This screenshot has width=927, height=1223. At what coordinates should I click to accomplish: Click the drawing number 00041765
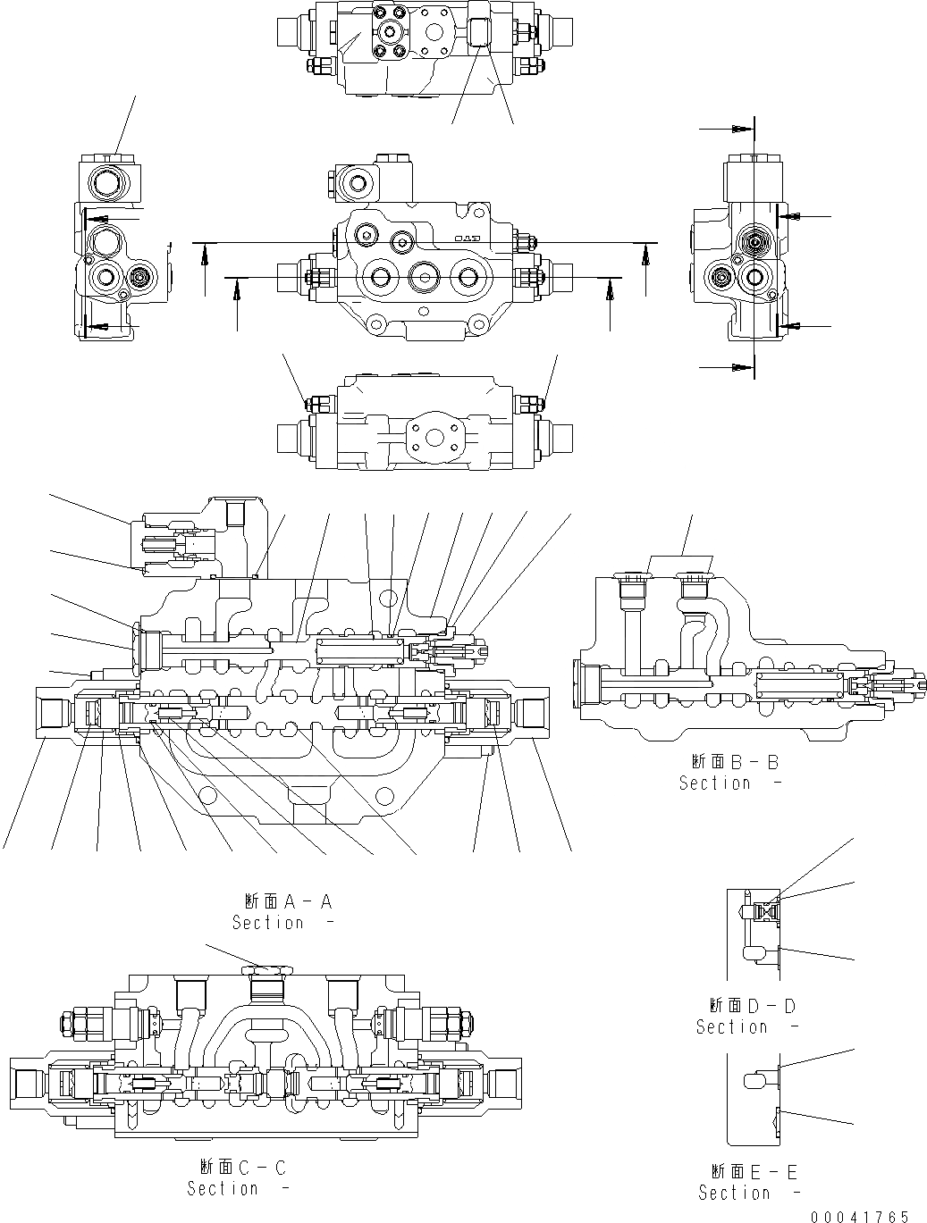coord(860,1216)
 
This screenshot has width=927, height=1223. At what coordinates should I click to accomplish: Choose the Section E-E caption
coord(749,1183)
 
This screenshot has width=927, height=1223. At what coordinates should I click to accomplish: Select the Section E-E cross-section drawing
coord(753,1098)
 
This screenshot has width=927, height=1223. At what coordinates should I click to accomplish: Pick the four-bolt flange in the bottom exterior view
coord(433,438)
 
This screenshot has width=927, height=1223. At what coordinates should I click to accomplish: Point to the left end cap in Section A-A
coord(54,713)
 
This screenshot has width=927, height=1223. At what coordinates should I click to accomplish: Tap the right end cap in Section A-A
coord(532,713)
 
